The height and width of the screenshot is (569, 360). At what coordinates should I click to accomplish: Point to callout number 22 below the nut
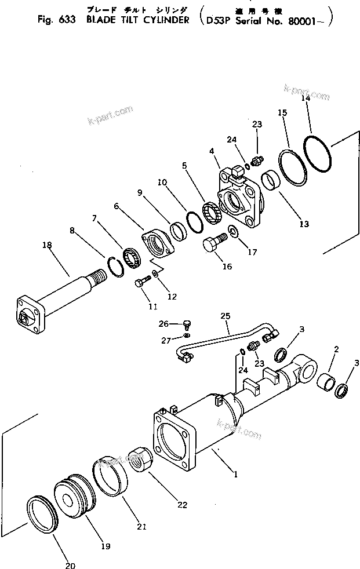(183, 505)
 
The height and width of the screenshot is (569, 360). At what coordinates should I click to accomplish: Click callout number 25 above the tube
(226, 316)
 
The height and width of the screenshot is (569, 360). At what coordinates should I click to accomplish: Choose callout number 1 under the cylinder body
(236, 473)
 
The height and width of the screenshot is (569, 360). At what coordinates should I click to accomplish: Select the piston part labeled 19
(74, 493)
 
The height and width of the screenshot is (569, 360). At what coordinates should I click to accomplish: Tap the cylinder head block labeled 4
(238, 196)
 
